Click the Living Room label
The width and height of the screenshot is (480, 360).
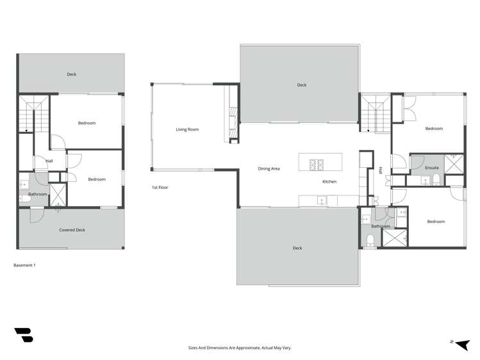(187, 129)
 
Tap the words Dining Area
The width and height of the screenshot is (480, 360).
(269, 168)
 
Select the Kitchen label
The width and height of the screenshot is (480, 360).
(329, 182)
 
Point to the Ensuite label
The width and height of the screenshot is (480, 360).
(432, 168)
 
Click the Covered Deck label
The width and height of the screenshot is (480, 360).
(72, 229)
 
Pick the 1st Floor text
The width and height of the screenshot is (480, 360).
(160, 188)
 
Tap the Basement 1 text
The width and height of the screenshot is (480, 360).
(24, 265)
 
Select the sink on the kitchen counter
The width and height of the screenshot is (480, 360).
(322, 200)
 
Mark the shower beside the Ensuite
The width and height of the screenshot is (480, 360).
(454, 164)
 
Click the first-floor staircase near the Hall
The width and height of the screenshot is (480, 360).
(374, 113)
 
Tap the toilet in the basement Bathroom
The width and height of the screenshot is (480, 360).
(24, 199)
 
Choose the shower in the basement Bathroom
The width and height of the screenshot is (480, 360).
(57, 193)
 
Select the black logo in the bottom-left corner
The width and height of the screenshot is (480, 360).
(24, 335)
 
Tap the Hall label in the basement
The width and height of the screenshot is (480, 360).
(49, 161)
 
